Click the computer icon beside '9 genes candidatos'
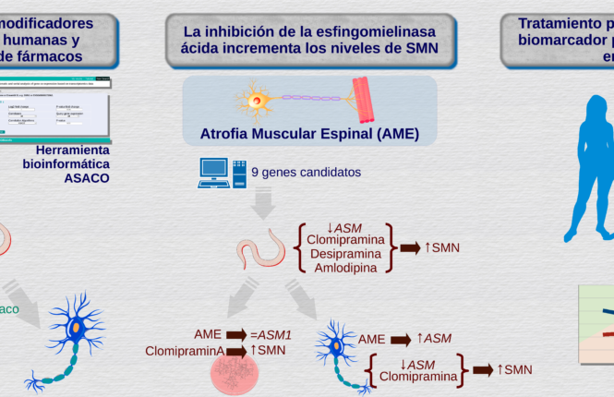coord(222,173)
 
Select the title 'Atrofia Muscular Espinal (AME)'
coord(309,134)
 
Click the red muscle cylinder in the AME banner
coord(366,100)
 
